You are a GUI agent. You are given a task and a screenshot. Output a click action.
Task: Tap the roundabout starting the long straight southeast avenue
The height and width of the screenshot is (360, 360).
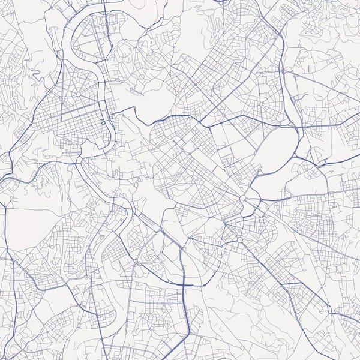(239, 240)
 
